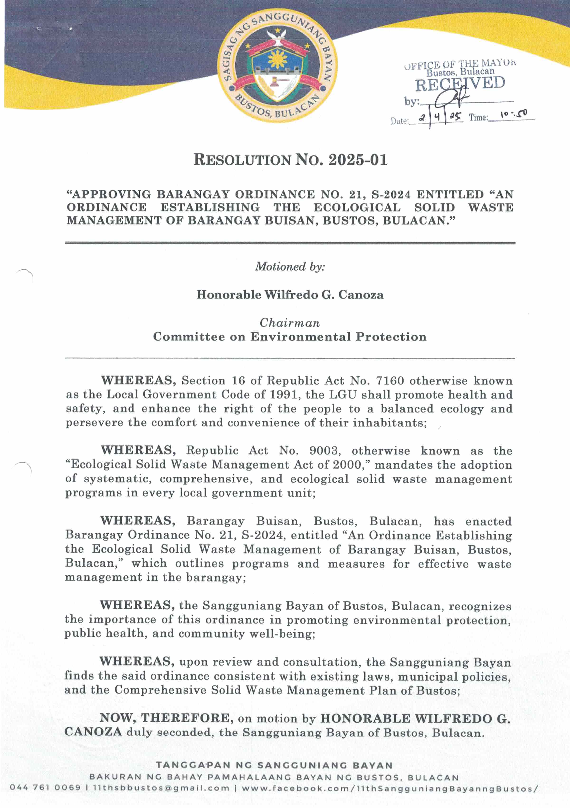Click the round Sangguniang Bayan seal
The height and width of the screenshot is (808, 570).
point(277,66)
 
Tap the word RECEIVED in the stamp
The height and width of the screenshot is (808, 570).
point(460,84)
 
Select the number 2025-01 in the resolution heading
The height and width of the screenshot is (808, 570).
point(358,160)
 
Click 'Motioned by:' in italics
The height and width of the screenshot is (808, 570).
point(290,266)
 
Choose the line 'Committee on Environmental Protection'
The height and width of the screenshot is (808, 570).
point(290,337)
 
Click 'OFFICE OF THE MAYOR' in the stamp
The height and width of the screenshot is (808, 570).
point(460,64)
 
